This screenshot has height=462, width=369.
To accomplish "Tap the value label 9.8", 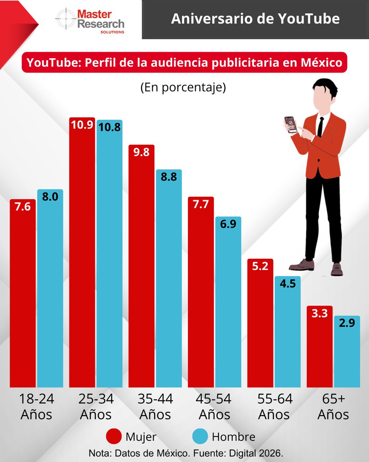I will pos(141,152).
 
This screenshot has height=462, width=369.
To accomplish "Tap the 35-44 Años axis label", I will pos(155,407).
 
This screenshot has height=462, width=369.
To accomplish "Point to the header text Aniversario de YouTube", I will pos(255,19).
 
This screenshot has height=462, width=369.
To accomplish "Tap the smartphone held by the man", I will pos(291,124).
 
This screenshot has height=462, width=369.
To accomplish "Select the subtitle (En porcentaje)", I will pos(183,87).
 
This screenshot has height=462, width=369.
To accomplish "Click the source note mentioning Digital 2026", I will pos(186,452).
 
